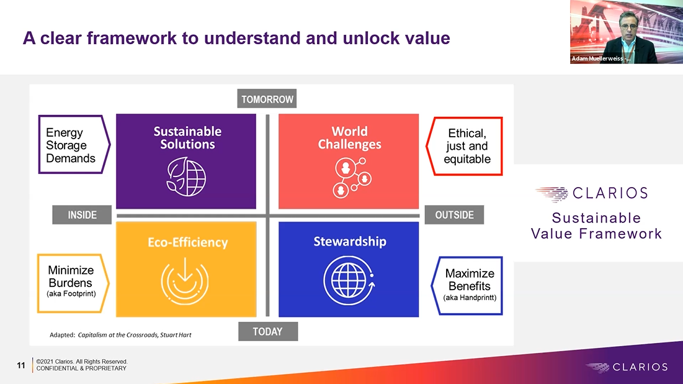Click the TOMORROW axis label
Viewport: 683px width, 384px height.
[267, 99]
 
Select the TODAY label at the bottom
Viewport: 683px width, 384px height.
[267, 332]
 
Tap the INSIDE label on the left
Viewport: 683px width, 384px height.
[82, 215]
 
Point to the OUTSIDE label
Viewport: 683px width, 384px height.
[454, 215]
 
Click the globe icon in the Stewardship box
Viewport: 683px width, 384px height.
[348, 278]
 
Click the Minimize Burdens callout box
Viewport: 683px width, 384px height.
[73, 283]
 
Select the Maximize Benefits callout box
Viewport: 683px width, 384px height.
[470, 286]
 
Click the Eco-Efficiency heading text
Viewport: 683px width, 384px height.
[187, 243]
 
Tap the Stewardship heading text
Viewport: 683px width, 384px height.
[349, 242]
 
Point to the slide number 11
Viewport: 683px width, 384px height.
[21, 365]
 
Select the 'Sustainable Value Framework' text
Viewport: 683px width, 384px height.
[596, 226]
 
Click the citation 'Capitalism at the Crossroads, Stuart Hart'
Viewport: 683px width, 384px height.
[134, 335]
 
